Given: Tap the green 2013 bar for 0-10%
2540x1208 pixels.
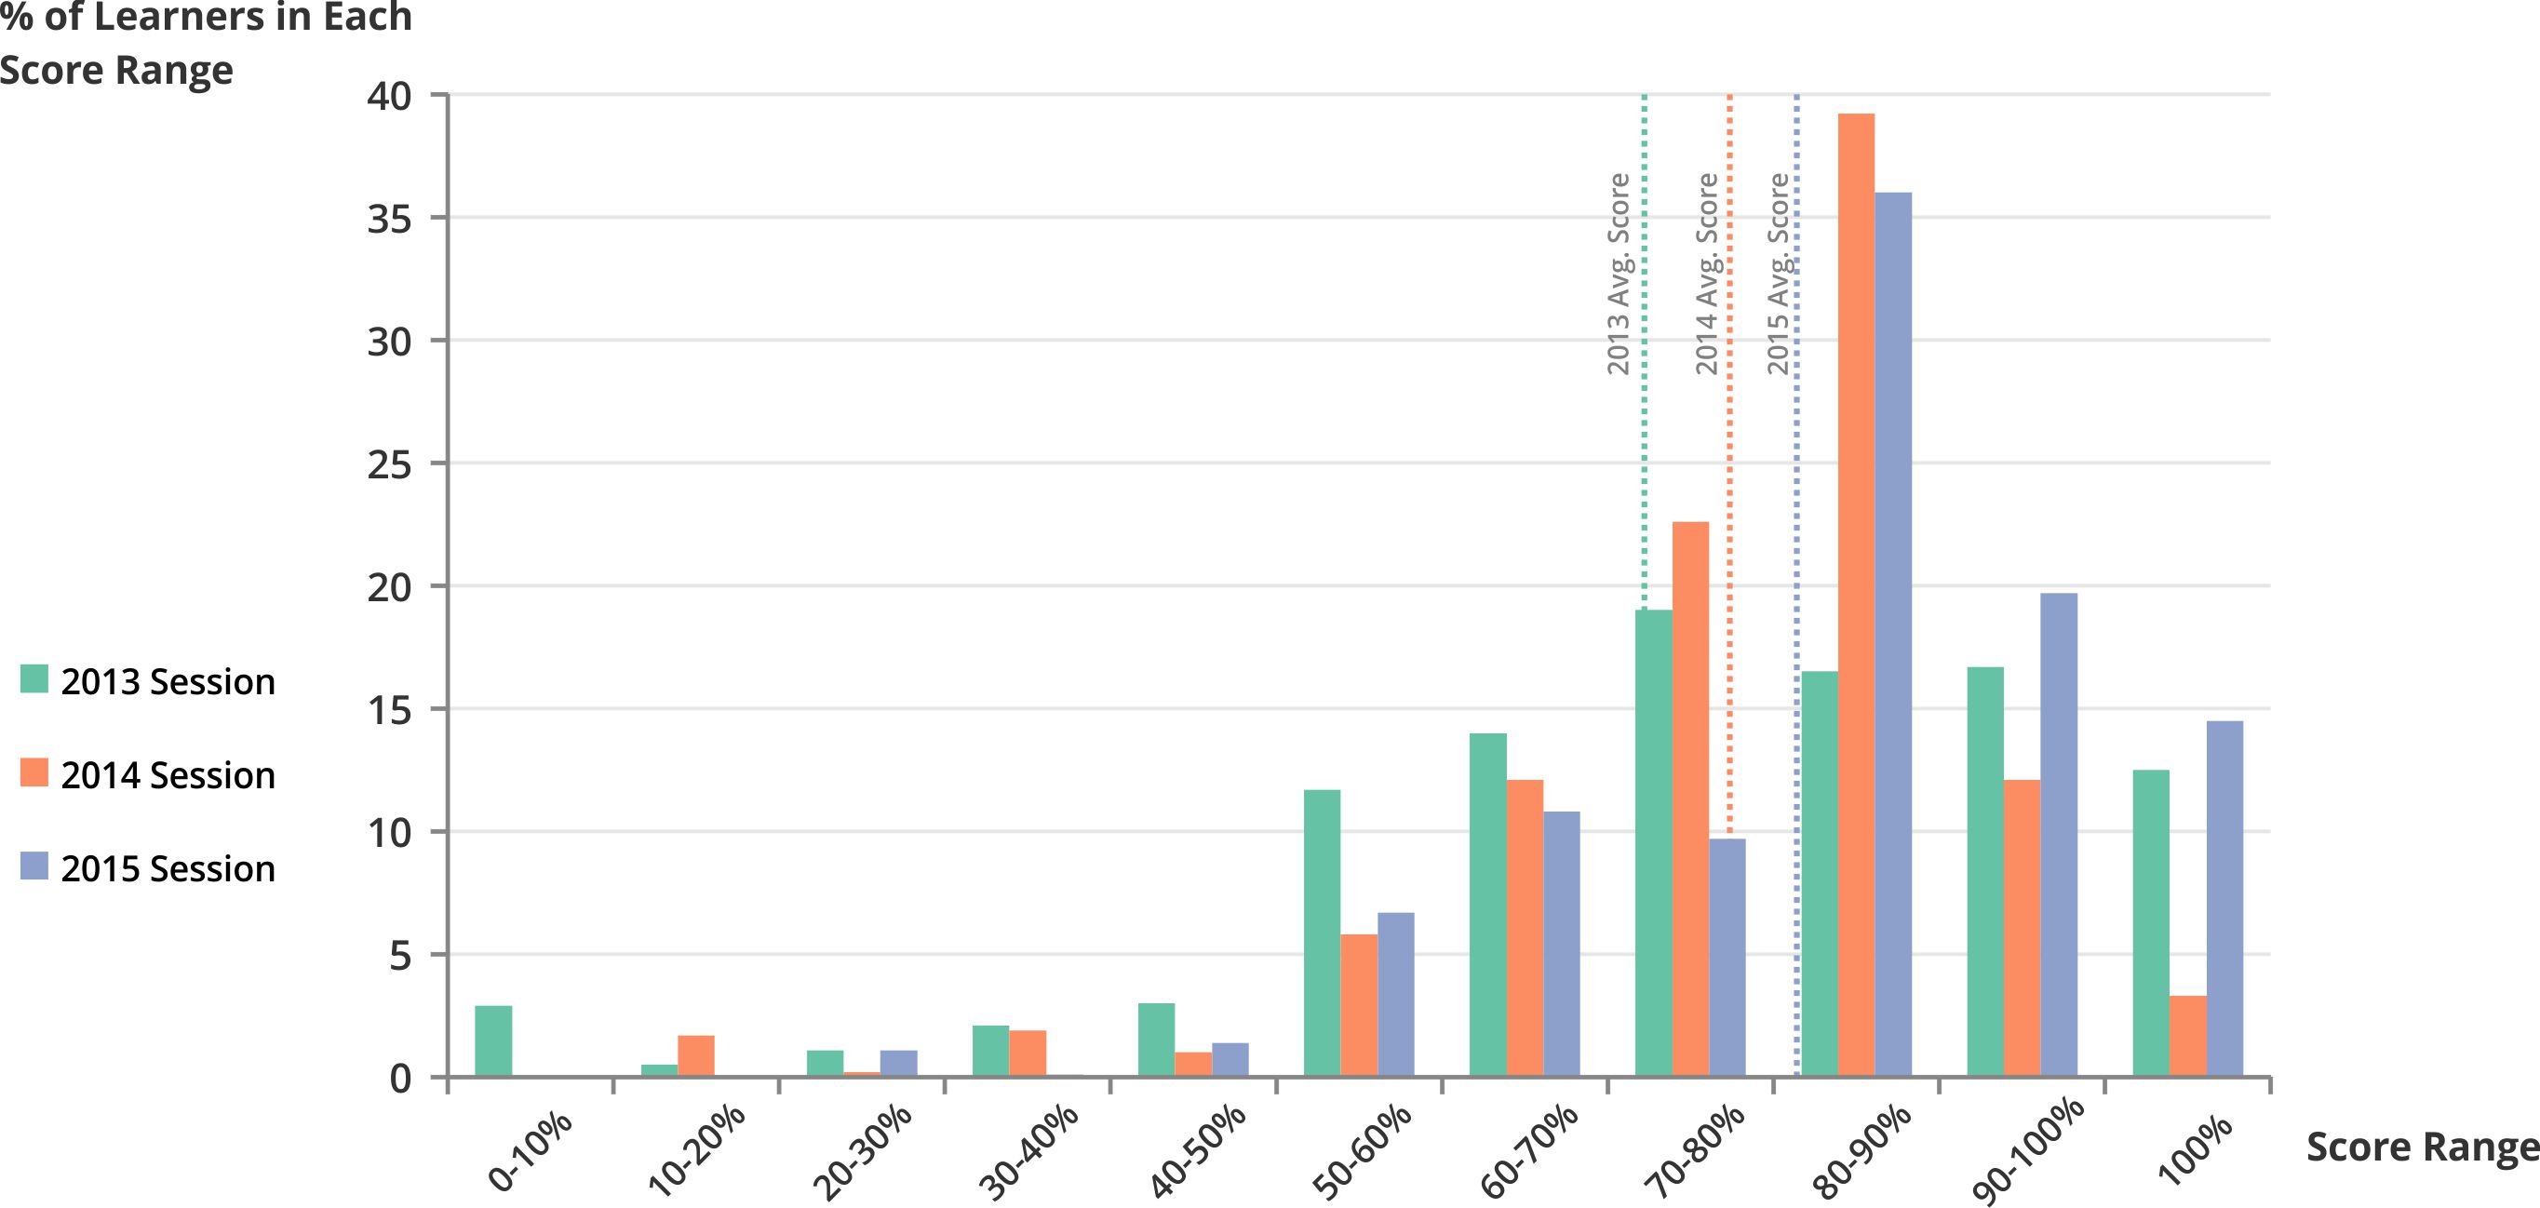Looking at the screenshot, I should (493, 1041).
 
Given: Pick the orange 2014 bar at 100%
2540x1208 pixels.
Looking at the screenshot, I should (2188, 1037).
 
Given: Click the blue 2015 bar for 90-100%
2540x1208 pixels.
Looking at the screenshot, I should (2059, 834).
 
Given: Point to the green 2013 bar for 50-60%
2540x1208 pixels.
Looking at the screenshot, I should (1322, 933).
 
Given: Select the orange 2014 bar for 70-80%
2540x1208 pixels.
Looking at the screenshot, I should (1690, 799).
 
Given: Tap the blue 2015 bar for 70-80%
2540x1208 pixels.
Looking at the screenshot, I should (1727, 958).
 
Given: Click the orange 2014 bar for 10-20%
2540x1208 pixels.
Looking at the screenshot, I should (696, 1056).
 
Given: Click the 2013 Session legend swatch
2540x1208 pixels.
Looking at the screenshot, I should (34, 679).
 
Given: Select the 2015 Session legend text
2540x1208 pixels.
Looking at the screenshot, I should (168, 869).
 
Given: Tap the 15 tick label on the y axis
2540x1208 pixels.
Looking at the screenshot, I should (388, 710).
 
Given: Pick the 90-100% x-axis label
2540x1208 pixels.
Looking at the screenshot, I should (2027, 1151).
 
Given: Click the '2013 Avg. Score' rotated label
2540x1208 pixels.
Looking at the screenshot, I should (1618, 275).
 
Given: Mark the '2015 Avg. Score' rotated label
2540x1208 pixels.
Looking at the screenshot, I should (1778, 275).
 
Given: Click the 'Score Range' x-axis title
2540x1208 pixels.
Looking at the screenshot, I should (2422, 1147).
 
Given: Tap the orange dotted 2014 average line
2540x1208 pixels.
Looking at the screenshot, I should (1729, 444).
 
